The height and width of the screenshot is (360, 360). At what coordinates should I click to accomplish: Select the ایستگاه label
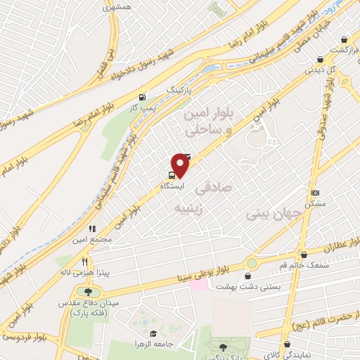click(172, 186)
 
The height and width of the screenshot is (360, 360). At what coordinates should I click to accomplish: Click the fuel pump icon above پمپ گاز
click(143, 97)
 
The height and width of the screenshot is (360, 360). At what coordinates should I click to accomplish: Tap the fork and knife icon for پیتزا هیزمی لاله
click(85, 262)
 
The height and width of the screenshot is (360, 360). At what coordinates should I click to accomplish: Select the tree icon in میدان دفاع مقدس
click(88, 291)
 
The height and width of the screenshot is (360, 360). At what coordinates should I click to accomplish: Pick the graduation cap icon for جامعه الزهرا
click(153, 333)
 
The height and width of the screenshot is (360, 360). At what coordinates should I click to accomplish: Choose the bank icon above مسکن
click(315, 193)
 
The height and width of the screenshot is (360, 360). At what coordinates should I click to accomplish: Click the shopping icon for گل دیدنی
click(320, 60)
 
